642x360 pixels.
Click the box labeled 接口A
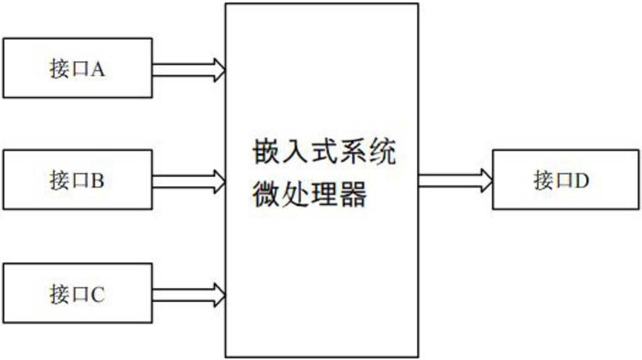tap(78, 68)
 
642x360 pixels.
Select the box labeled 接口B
tap(78, 181)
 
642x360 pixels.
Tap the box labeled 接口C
tap(78, 295)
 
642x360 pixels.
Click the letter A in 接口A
tap(99, 69)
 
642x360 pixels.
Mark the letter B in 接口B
tap(99, 182)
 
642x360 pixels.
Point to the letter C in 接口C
tap(99, 296)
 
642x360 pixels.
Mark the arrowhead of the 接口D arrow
tap(486, 181)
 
